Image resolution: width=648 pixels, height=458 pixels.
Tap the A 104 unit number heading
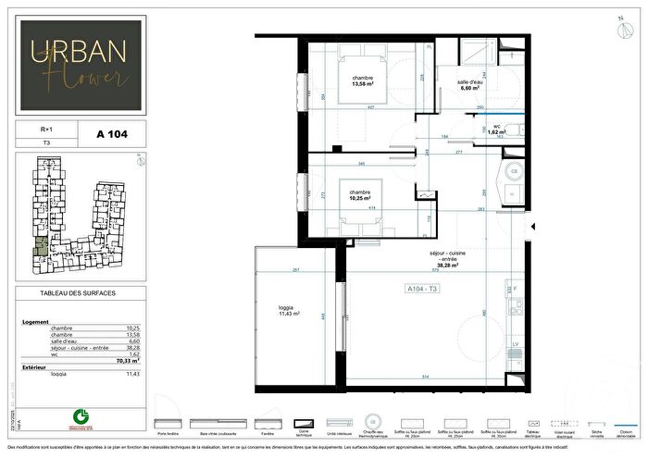coord(111,134)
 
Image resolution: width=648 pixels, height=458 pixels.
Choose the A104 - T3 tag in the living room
coord(426,290)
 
